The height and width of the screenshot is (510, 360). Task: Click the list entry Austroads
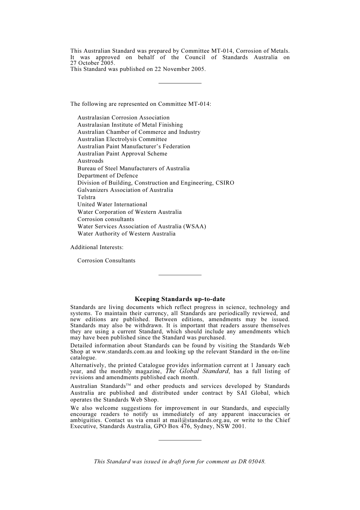point(90,161)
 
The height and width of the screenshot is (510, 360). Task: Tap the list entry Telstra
point(86,197)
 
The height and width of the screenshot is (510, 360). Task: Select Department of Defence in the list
point(108,176)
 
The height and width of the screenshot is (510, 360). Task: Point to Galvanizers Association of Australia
point(125,190)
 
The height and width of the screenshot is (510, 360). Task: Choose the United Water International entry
point(112,204)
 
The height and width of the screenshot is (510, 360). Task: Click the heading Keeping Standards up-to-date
point(180,299)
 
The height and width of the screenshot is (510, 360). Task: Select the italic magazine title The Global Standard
point(197,371)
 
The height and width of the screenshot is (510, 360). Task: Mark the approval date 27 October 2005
point(92,63)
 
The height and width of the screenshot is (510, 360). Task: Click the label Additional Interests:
point(97,247)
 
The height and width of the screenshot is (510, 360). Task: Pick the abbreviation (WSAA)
point(194,226)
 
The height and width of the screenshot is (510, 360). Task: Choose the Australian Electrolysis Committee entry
point(122,139)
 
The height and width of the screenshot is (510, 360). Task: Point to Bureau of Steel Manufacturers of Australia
point(133,168)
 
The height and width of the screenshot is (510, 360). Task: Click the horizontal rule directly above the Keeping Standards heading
point(180,275)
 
